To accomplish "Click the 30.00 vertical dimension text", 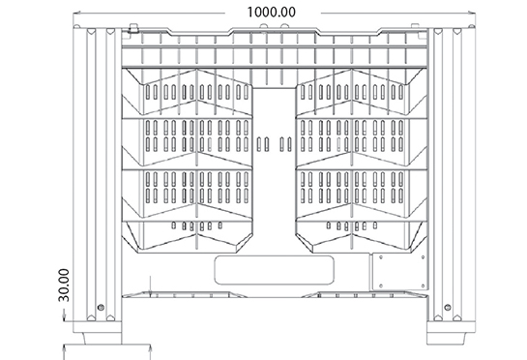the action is pos(65,286).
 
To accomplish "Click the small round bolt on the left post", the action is pos(99,308).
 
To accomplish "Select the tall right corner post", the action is pos(446,174).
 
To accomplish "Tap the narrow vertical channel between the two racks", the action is pos(273,165).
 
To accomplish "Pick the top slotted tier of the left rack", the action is pos(190,92).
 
